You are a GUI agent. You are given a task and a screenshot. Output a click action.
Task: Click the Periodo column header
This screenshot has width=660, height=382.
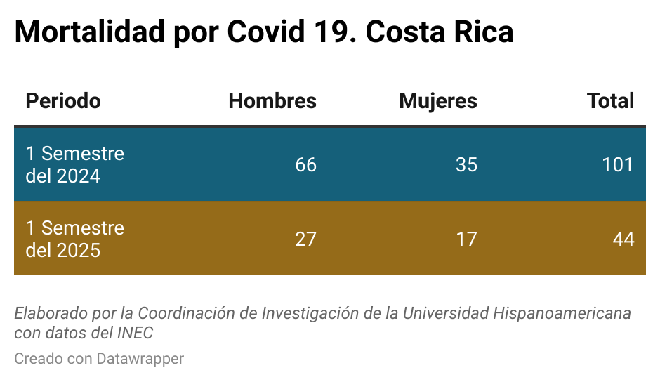[63, 101]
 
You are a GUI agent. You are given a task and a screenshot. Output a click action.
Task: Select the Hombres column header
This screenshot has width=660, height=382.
[272, 101]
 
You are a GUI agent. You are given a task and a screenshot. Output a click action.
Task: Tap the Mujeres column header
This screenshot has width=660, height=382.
[438, 101]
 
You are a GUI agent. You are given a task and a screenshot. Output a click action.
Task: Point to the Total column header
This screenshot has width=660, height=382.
[611, 101]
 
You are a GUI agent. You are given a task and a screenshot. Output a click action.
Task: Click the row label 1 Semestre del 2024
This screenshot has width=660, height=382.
[74, 164]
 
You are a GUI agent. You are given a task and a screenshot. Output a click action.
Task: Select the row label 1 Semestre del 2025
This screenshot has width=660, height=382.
[74, 239]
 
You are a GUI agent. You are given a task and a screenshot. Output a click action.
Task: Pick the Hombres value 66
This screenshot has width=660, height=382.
[305, 165]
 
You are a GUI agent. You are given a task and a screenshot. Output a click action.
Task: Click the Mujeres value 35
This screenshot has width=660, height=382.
[466, 165]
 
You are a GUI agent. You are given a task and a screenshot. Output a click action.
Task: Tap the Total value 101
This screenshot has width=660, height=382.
[618, 165]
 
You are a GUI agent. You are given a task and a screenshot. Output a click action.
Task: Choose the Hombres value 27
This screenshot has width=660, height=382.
[305, 239]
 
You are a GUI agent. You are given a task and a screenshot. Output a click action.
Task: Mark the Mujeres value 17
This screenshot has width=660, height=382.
[466, 239]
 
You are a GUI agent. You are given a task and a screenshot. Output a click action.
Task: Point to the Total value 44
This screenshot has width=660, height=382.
[623, 239]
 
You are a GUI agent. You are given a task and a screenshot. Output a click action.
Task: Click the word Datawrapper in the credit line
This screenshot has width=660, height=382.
[140, 359]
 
